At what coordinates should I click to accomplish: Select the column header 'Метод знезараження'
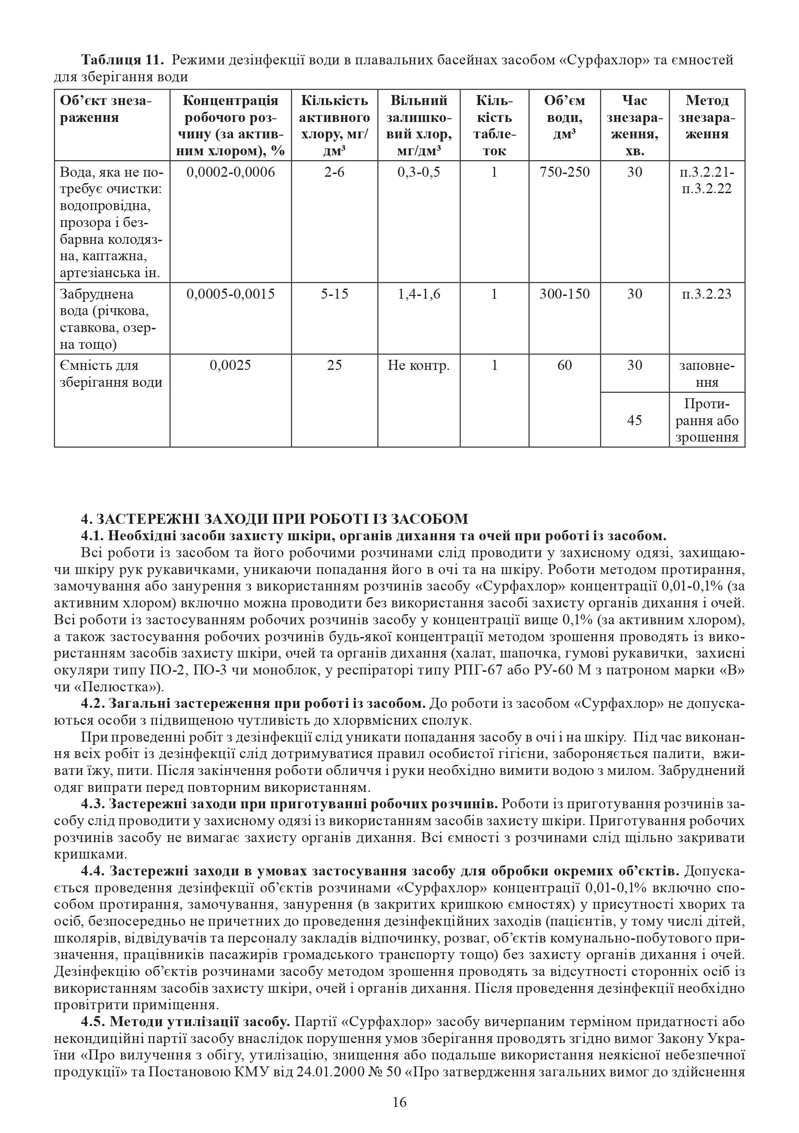pyautogui.click(x=707, y=117)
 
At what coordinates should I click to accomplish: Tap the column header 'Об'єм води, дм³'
pyautogui.click(x=564, y=117)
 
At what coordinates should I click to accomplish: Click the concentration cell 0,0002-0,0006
pyautogui.click(x=230, y=172)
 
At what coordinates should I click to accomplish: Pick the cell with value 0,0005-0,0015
pyautogui.click(x=230, y=294)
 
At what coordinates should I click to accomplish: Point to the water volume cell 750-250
pyautogui.click(x=565, y=172)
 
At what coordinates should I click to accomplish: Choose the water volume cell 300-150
pyautogui.click(x=565, y=294)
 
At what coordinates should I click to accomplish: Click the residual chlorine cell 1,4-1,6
pyautogui.click(x=418, y=294)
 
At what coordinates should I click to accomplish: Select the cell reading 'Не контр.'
pyautogui.click(x=418, y=366)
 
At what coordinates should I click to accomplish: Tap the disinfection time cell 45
pyautogui.click(x=634, y=421)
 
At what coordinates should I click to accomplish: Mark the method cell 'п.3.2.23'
pyautogui.click(x=707, y=294)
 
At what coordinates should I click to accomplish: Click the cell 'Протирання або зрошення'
pyautogui.click(x=707, y=421)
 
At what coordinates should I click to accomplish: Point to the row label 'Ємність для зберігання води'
pyautogui.click(x=111, y=374)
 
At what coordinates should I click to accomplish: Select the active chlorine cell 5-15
pyautogui.click(x=334, y=294)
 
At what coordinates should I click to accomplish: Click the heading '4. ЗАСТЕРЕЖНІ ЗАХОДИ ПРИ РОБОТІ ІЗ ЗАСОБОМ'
pyautogui.click(x=275, y=519)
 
